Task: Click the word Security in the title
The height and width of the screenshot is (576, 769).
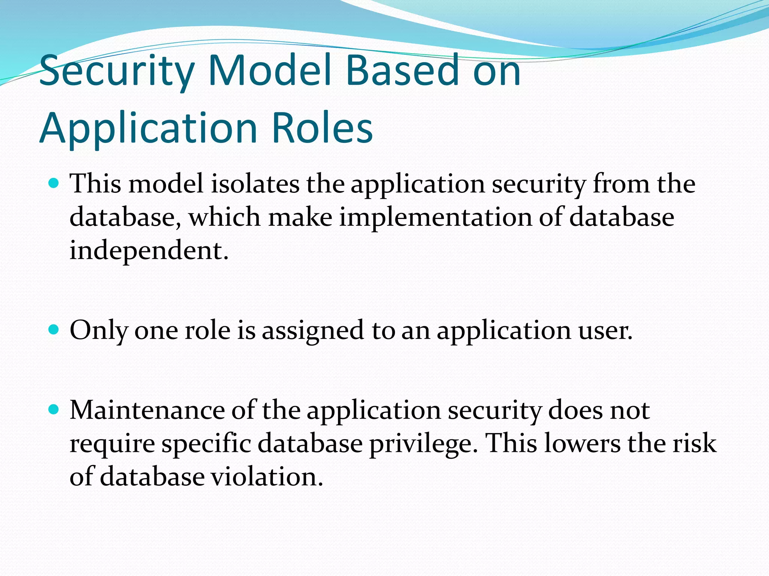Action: pos(116,71)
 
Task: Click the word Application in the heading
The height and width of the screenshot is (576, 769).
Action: pos(148,129)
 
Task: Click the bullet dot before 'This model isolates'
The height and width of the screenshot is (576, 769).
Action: pos(54,183)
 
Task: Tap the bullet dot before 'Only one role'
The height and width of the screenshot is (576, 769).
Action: pos(54,330)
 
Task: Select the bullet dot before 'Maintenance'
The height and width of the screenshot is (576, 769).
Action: pos(54,409)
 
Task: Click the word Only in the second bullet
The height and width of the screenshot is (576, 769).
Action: pos(99,331)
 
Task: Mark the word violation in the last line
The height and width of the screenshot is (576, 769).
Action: pos(267,477)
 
